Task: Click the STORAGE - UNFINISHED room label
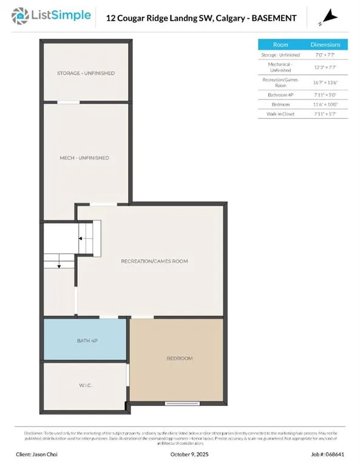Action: tap(86, 73)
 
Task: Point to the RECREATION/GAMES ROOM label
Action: tap(154, 261)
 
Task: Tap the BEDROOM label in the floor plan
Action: tap(180, 359)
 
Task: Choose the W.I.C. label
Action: tap(86, 386)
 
